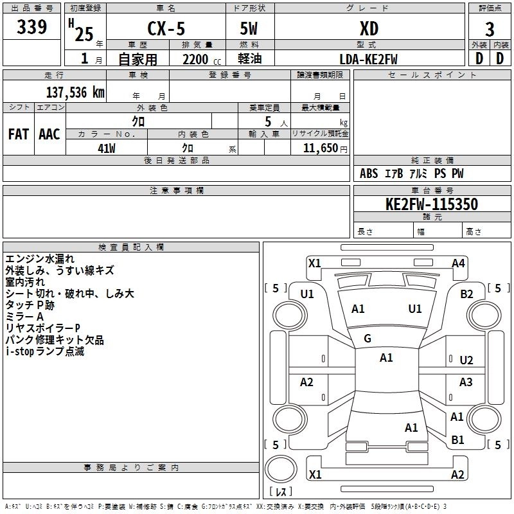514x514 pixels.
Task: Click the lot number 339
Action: [31, 27]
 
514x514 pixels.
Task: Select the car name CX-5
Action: [166, 28]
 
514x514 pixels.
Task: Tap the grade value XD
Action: [369, 28]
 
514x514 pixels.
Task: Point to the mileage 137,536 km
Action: [75, 93]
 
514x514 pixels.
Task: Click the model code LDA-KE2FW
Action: [368, 59]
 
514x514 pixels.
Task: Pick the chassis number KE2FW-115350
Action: [432, 204]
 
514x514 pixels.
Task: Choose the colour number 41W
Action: [107, 148]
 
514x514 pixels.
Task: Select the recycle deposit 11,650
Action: [321, 148]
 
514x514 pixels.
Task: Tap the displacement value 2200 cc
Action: [202, 59]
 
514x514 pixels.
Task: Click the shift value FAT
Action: [19, 134]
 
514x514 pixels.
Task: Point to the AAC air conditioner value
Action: [49, 134]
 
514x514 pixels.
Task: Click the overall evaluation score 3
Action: [490, 30]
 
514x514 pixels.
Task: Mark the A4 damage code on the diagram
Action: [458, 263]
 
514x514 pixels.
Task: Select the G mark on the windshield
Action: [368, 339]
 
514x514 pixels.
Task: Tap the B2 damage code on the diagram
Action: [466, 294]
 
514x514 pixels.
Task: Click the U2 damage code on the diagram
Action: [466, 360]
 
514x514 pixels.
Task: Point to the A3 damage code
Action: [466, 382]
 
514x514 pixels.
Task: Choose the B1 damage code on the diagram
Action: [457, 439]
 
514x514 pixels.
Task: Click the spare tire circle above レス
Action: [281, 469]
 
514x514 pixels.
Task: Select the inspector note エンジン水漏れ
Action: [40, 259]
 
